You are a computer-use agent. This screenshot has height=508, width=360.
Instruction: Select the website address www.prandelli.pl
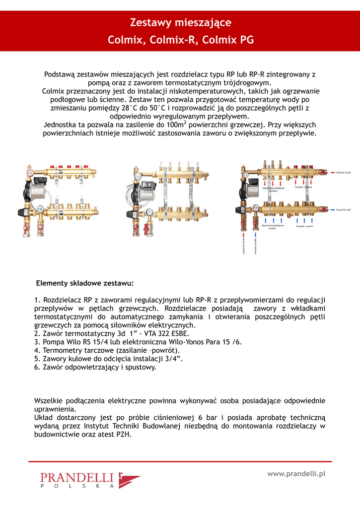pos(296,474)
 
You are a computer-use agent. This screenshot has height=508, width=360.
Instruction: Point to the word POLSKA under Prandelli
pos(77,487)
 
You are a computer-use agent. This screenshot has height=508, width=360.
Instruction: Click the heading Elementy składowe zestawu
pos(85,283)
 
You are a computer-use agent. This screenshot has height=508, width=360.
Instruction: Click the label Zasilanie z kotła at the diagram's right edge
pos(344,172)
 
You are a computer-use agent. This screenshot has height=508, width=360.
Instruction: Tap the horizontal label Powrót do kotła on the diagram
pos(344,210)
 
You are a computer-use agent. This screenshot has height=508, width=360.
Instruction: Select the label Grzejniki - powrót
pos(304,226)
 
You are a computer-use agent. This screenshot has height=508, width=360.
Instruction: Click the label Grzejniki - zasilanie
pos(303,187)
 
